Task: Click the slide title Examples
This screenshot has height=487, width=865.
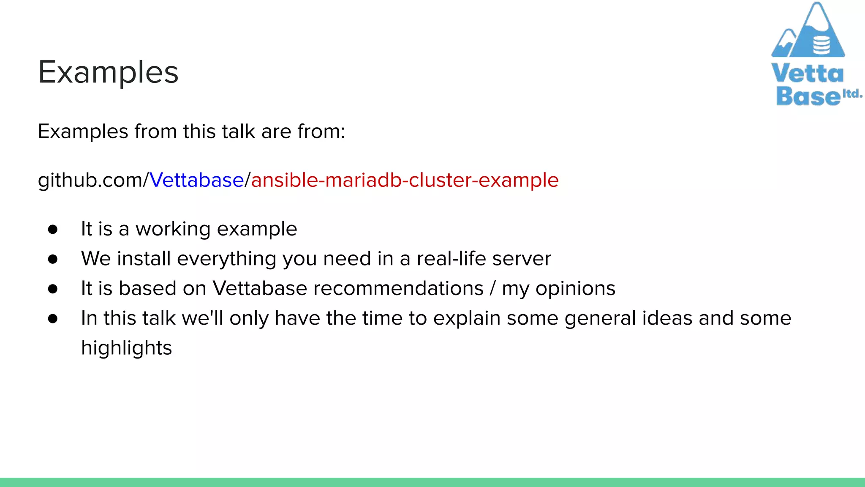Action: (x=108, y=72)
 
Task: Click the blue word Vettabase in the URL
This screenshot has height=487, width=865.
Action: (x=196, y=180)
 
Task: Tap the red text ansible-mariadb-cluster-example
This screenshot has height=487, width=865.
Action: (x=405, y=180)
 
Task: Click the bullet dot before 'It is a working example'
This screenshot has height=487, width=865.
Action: (x=53, y=229)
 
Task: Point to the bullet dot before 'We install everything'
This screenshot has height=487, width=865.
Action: (x=53, y=259)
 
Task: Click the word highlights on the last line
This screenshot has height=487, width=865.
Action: (x=126, y=348)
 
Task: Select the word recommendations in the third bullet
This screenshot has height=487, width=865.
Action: (x=398, y=288)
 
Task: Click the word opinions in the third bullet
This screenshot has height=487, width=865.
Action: (x=575, y=288)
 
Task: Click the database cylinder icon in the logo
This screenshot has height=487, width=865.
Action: (x=821, y=45)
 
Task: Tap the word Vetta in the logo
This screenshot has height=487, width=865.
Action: (x=807, y=74)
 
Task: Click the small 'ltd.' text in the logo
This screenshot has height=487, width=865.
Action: (x=852, y=93)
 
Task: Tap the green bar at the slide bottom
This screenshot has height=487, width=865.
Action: (x=432, y=482)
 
